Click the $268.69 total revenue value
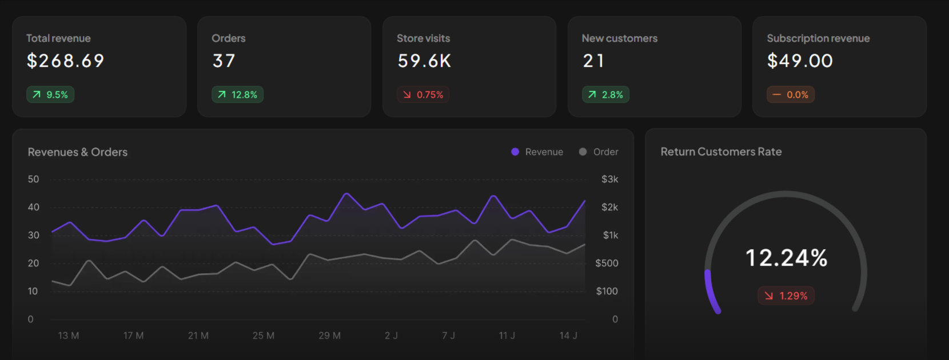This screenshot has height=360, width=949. pyautogui.click(x=65, y=61)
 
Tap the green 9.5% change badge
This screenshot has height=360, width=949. pyautogui.click(x=50, y=95)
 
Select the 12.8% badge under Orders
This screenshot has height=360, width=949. pyautogui.click(x=237, y=95)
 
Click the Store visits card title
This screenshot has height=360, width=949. pyautogui.click(x=423, y=38)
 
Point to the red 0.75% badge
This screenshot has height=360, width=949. pyautogui.click(x=423, y=95)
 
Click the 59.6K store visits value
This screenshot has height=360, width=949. pyautogui.click(x=424, y=61)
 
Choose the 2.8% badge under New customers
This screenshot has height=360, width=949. pyautogui.click(x=605, y=95)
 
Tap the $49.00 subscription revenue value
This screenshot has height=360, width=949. pyautogui.click(x=800, y=61)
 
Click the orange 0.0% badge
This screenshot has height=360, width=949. pyautogui.click(x=791, y=95)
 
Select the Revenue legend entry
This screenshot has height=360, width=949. pyautogui.click(x=537, y=152)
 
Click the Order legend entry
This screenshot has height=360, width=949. pyautogui.click(x=599, y=152)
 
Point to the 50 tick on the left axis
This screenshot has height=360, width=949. pyautogui.click(x=34, y=179)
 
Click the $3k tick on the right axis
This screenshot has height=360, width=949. pyautogui.click(x=609, y=179)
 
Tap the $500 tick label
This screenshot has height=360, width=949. pyautogui.click(x=607, y=263)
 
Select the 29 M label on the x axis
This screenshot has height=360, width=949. pyautogui.click(x=329, y=335)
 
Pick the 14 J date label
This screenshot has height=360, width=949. pyautogui.click(x=568, y=335)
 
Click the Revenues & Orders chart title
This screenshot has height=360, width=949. pyautogui.click(x=78, y=152)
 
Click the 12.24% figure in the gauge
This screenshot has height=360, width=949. pyautogui.click(x=786, y=258)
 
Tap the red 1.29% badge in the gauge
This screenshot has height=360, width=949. pyautogui.click(x=786, y=296)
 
